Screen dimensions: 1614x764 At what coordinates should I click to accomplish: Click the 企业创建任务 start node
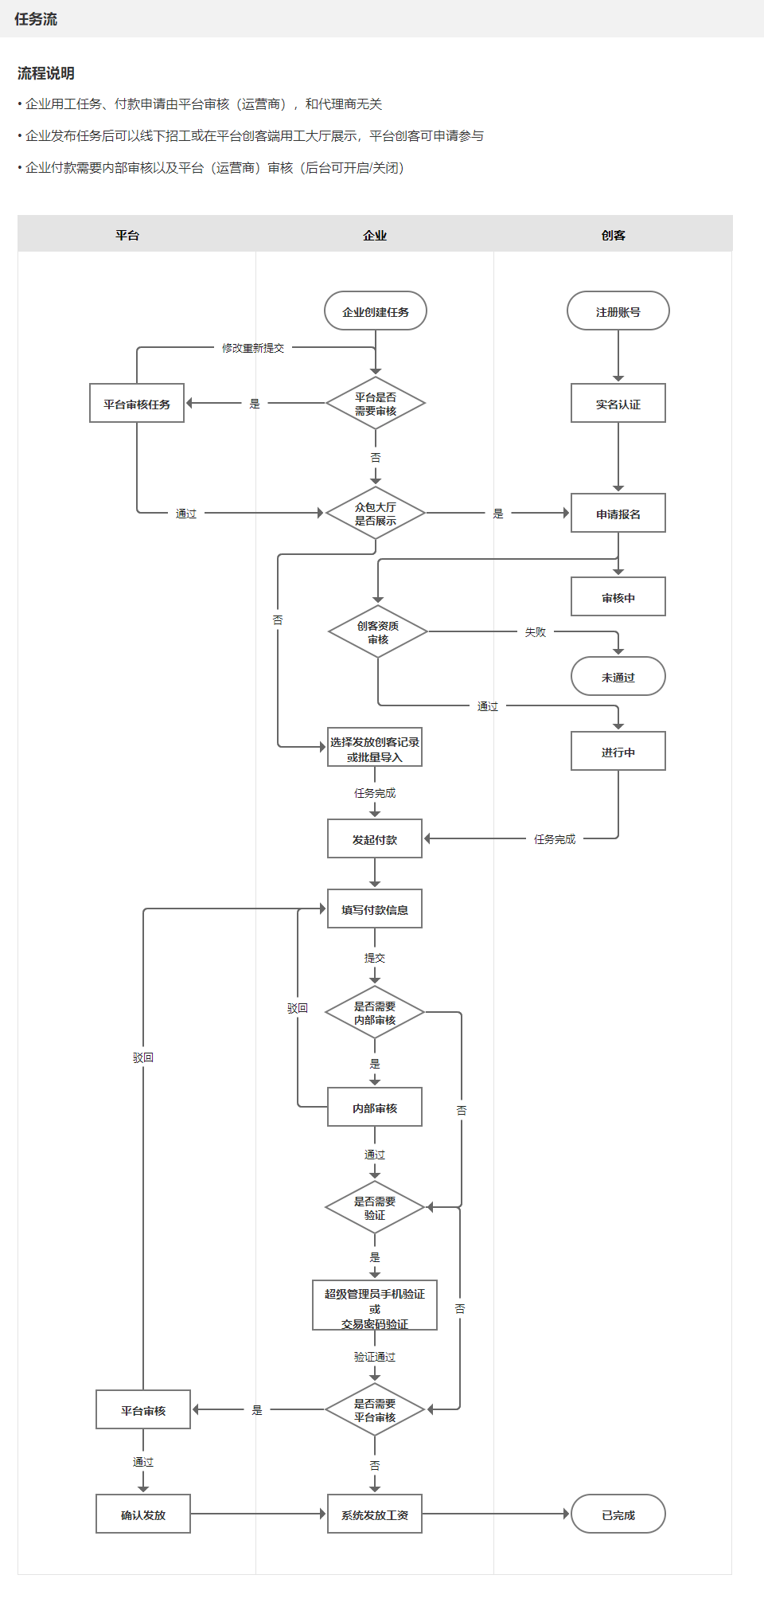(376, 311)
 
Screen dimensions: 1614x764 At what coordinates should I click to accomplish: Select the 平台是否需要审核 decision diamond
(376, 404)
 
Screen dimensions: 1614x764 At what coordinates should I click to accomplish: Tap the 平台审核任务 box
(137, 404)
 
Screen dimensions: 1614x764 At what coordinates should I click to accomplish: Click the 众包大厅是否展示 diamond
(376, 514)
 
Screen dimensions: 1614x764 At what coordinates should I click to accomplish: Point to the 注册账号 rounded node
(618, 311)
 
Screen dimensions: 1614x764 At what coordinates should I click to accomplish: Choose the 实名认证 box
(618, 404)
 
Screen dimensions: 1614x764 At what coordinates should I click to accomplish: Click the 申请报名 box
(618, 514)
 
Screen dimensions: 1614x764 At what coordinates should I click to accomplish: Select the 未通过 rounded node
(618, 677)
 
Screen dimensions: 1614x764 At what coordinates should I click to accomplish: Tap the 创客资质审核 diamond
(378, 632)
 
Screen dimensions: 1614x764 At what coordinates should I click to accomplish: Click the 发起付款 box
(375, 839)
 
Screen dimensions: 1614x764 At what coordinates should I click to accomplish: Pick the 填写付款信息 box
(375, 909)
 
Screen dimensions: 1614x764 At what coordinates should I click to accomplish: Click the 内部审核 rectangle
(375, 1108)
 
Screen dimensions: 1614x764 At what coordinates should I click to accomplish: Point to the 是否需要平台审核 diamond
(375, 1410)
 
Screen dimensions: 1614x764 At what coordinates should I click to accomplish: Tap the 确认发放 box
(143, 1514)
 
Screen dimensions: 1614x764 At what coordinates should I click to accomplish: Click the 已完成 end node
(618, 1514)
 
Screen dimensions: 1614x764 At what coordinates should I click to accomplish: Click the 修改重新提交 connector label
(253, 348)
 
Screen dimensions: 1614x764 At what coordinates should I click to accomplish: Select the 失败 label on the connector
(536, 632)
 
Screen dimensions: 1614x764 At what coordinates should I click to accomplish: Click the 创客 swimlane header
(613, 235)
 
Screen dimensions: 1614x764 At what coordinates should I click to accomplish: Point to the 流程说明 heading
(46, 73)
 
